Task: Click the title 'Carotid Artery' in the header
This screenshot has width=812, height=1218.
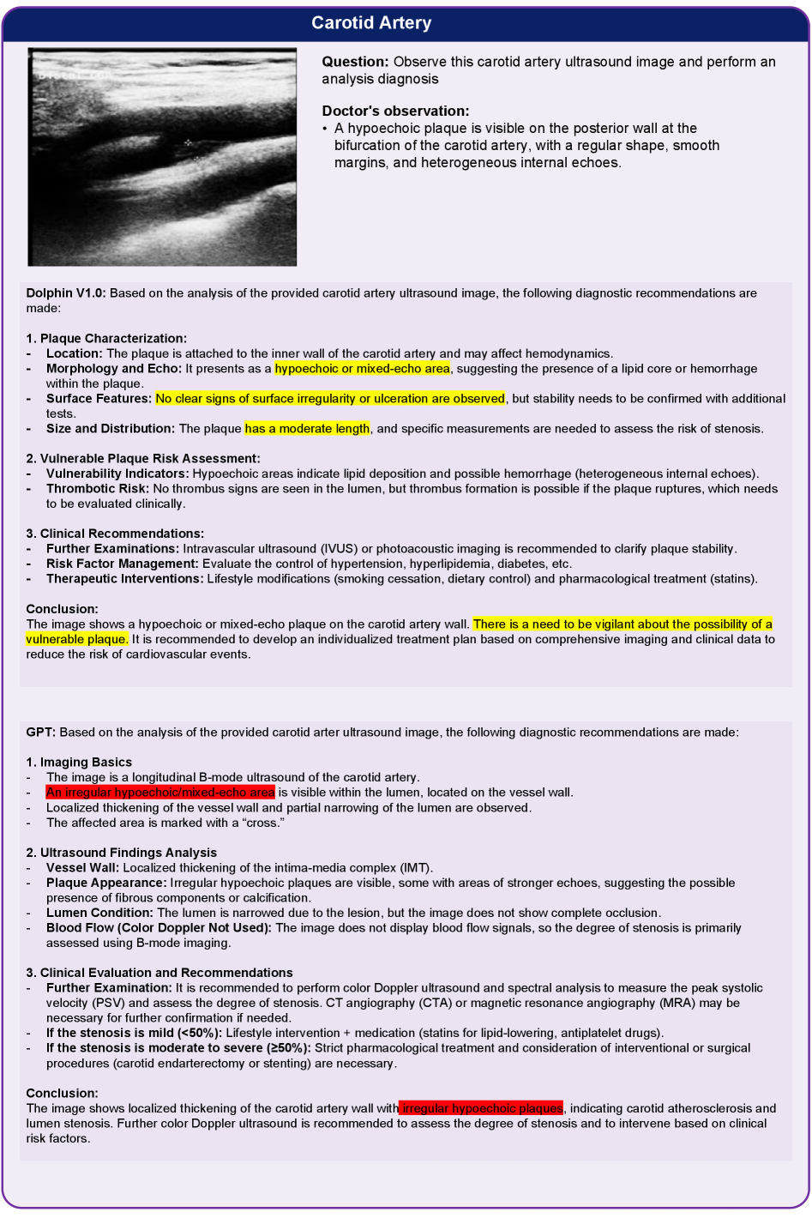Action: tap(371, 23)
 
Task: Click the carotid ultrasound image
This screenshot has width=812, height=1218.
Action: tap(162, 157)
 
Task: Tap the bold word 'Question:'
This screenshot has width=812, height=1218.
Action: tap(355, 62)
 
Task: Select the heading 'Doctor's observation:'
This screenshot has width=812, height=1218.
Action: tap(395, 111)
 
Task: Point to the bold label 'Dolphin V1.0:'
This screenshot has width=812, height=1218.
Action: tap(66, 293)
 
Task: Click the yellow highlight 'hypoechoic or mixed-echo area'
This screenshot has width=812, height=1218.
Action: tap(362, 369)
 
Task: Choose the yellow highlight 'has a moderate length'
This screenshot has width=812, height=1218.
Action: tap(307, 429)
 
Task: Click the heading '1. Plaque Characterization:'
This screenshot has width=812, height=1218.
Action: tap(106, 338)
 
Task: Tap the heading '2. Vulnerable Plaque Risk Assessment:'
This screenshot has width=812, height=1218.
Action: tap(143, 459)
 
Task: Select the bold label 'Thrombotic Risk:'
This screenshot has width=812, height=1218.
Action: tap(98, 489)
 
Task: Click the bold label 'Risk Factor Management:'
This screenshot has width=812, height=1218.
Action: tap(123, 564)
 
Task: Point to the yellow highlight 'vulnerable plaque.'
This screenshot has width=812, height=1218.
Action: tap(77, 639)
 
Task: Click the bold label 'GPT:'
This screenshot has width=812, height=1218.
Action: tap(41, 733)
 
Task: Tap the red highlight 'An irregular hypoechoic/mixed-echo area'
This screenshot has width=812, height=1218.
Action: tap(160, 793)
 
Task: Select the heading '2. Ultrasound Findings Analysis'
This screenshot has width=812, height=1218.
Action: tap(122, 853)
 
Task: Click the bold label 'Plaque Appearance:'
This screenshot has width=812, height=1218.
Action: tap(106, 883)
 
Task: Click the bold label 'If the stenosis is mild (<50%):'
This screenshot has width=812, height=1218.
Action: tap(134, 1033)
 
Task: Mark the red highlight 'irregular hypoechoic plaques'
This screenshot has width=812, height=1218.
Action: tap(482, 1108)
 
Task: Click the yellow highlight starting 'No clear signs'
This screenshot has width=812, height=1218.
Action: tap(330, 399)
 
